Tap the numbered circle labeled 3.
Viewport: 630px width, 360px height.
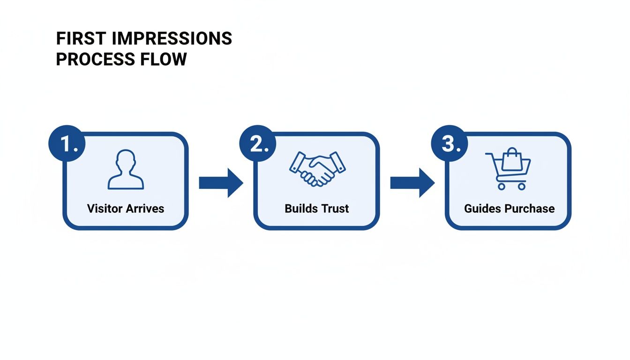pyautogui.click(x=449, y=143)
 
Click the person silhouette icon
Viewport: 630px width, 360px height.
pyautogui.click(x=126, y=170)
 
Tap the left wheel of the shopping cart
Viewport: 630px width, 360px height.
pyautogui.click(x=501, y=186)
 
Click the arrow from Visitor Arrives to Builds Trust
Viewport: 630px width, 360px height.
pyautogui.click(x=221, y=183)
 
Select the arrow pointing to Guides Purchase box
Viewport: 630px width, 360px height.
pyautogui.click(x=412, y=183)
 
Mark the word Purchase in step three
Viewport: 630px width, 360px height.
pyautogui.click(x=529, y=209)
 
